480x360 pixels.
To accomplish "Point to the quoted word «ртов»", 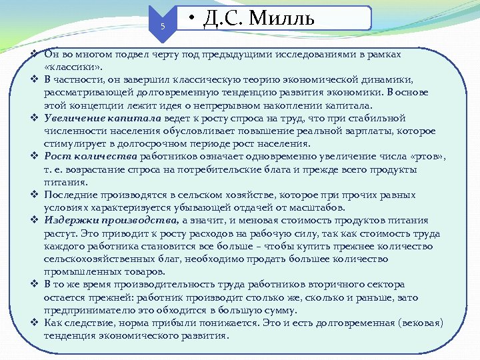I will coord(425,156).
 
